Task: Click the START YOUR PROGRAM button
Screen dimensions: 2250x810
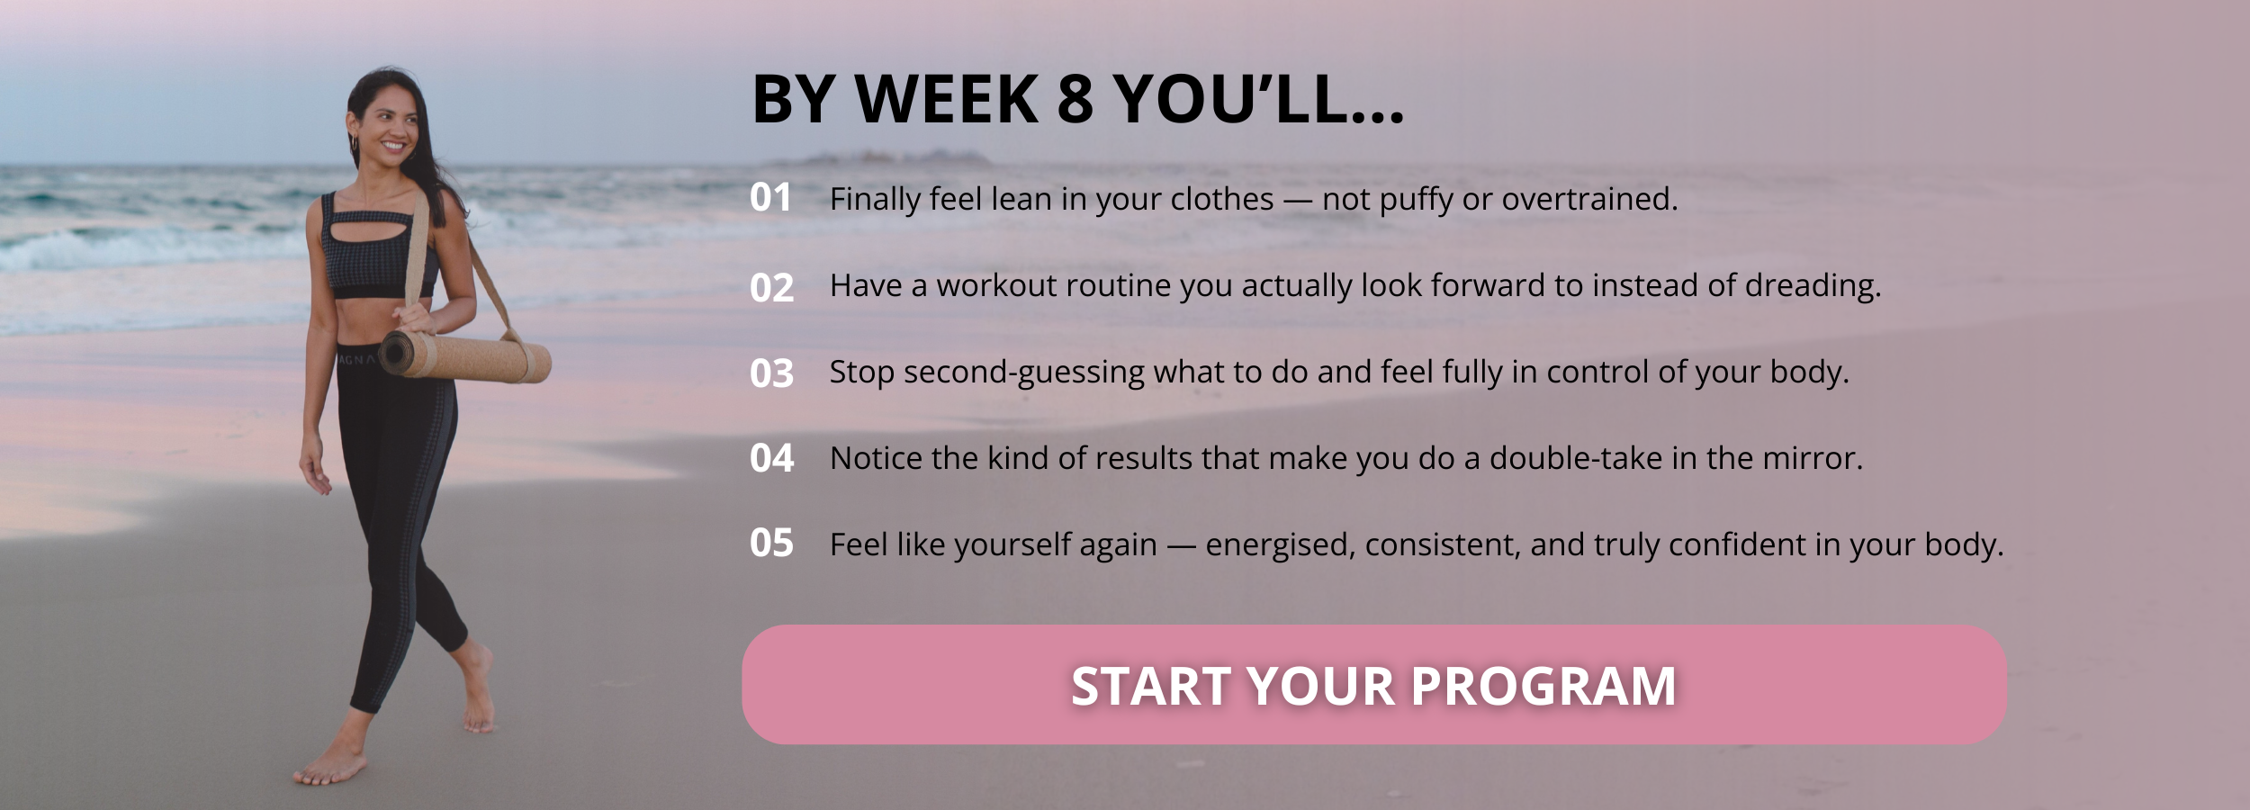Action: coord(1374,685)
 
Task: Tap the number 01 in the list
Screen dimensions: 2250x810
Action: coord(770,198)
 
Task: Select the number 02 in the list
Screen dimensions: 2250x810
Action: coord(771,287)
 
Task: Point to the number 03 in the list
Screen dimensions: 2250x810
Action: coord(771,373)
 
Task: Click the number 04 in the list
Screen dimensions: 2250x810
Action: coord(771,458)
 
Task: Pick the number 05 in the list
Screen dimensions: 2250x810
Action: coord(771,543)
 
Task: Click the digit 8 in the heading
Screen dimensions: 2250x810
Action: coord(1075,98)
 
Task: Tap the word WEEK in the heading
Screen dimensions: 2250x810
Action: coord(947,98)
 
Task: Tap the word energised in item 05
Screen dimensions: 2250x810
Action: coord(1280,545)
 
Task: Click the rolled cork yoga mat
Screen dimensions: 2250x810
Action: coord(464,356)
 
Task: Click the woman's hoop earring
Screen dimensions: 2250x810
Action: coord(354,142)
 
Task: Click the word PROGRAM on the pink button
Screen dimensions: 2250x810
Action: coord(1543,686)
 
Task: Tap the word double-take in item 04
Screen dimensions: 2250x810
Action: coord(1576,458)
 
